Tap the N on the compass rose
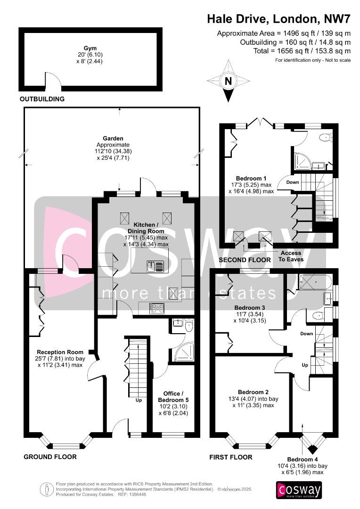229,81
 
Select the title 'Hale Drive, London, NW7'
278,19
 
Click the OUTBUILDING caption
42,99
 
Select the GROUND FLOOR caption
50,457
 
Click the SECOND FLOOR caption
245,260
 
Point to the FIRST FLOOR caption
231,457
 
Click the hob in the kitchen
157,309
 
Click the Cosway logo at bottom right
299,490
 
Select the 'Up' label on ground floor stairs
139,400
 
